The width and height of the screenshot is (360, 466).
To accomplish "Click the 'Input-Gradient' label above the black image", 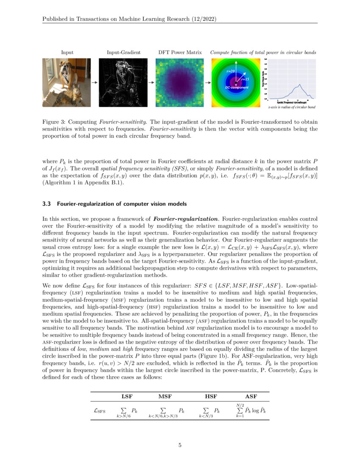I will (124, 53).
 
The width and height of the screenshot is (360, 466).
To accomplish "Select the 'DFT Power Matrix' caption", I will (180, 53).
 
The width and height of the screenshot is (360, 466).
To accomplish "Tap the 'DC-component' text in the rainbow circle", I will (236, 87).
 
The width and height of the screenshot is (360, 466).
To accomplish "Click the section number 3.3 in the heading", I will (47, 204).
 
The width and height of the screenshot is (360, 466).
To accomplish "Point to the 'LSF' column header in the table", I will (127, 397).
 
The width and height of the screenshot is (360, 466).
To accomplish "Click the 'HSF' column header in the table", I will (211, 397).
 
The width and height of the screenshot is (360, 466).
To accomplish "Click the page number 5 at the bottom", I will (180, 445).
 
